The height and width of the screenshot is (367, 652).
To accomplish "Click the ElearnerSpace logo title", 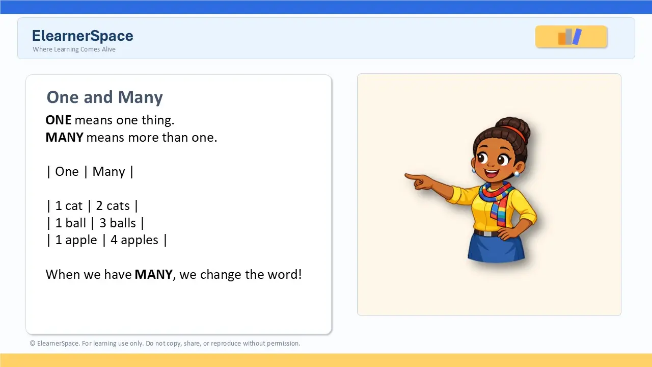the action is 83,36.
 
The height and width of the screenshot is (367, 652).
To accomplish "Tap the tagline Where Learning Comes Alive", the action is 74,49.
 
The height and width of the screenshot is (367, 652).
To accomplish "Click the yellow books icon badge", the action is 571,37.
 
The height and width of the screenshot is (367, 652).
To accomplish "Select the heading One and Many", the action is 105,97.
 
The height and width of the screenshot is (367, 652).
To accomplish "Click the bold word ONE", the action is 59,120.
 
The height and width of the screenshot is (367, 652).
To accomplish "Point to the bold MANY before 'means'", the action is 65,137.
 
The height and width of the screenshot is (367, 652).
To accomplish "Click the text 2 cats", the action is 113,205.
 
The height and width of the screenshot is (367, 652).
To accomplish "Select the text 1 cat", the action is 69,205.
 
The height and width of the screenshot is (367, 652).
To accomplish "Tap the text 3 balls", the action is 118,223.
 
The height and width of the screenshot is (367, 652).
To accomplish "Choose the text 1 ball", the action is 70,223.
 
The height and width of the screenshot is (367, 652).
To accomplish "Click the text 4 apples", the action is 134,240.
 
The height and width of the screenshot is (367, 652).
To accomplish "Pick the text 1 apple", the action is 76,240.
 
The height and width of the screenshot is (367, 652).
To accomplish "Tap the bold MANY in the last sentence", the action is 154,274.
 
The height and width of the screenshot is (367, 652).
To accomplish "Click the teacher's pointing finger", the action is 413,176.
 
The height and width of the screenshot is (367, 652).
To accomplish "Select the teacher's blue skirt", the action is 496,247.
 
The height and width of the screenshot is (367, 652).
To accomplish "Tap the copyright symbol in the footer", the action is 33,344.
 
